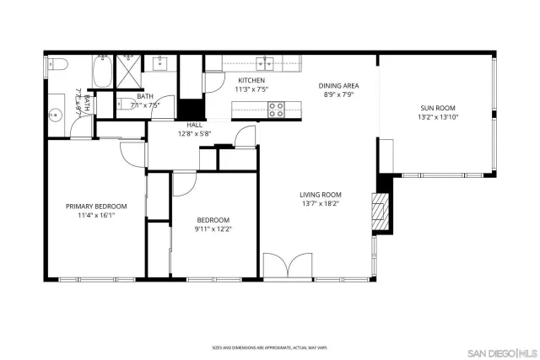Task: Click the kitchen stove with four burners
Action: point(276,107)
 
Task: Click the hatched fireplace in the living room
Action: point(382,211)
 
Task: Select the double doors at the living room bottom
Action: point(288,267)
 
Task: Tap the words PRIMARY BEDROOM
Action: point(96,206)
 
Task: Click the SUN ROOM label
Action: point(437,108)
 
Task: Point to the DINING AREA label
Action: point(338,85)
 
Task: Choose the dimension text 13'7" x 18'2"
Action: point(321,203)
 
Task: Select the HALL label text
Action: point(194,124)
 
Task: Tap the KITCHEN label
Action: point(251,80)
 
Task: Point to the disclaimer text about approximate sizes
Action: point(269,347)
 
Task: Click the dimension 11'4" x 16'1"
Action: point(96,215)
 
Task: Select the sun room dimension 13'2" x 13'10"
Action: point(437,117)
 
